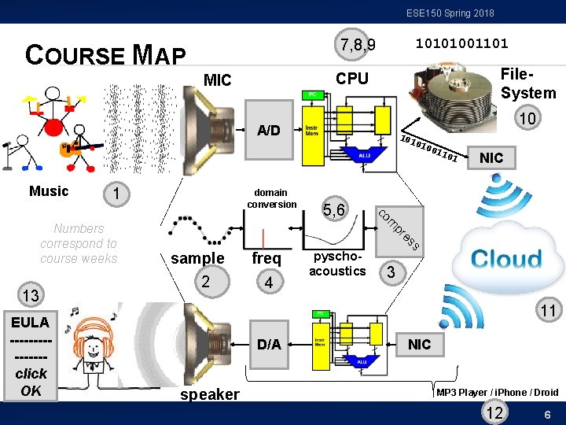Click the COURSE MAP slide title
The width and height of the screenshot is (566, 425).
[x=105, y=54]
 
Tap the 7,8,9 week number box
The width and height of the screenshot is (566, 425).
[x=355, y=44]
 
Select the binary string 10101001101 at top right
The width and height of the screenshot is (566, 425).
[x=461, y=42]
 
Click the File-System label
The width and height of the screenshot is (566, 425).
[x=527, y=83]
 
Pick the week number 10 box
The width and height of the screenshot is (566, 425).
[x=528, y=119]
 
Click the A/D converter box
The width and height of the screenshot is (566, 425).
[x=268, y=130]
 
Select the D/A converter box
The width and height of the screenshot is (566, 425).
[x=268, y=344]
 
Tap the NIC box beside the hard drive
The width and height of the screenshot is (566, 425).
[x=491, y=157]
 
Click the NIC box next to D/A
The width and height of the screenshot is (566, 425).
[x=419, y=344]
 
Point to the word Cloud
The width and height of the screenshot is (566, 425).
[x=506, y=259]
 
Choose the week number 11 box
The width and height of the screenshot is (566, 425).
[x=547, y=311]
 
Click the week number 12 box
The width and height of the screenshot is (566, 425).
[x=495, y=413]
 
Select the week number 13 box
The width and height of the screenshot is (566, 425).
[x=31, y=296]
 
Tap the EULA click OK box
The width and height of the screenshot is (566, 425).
[x=31, y=356]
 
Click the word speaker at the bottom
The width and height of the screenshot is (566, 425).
[x=210, y=394]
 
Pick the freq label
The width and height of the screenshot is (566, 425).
[x=266, y=258]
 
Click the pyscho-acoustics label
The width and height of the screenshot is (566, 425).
[x=337, y=264]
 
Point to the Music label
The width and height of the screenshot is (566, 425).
[x=49, y=190]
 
